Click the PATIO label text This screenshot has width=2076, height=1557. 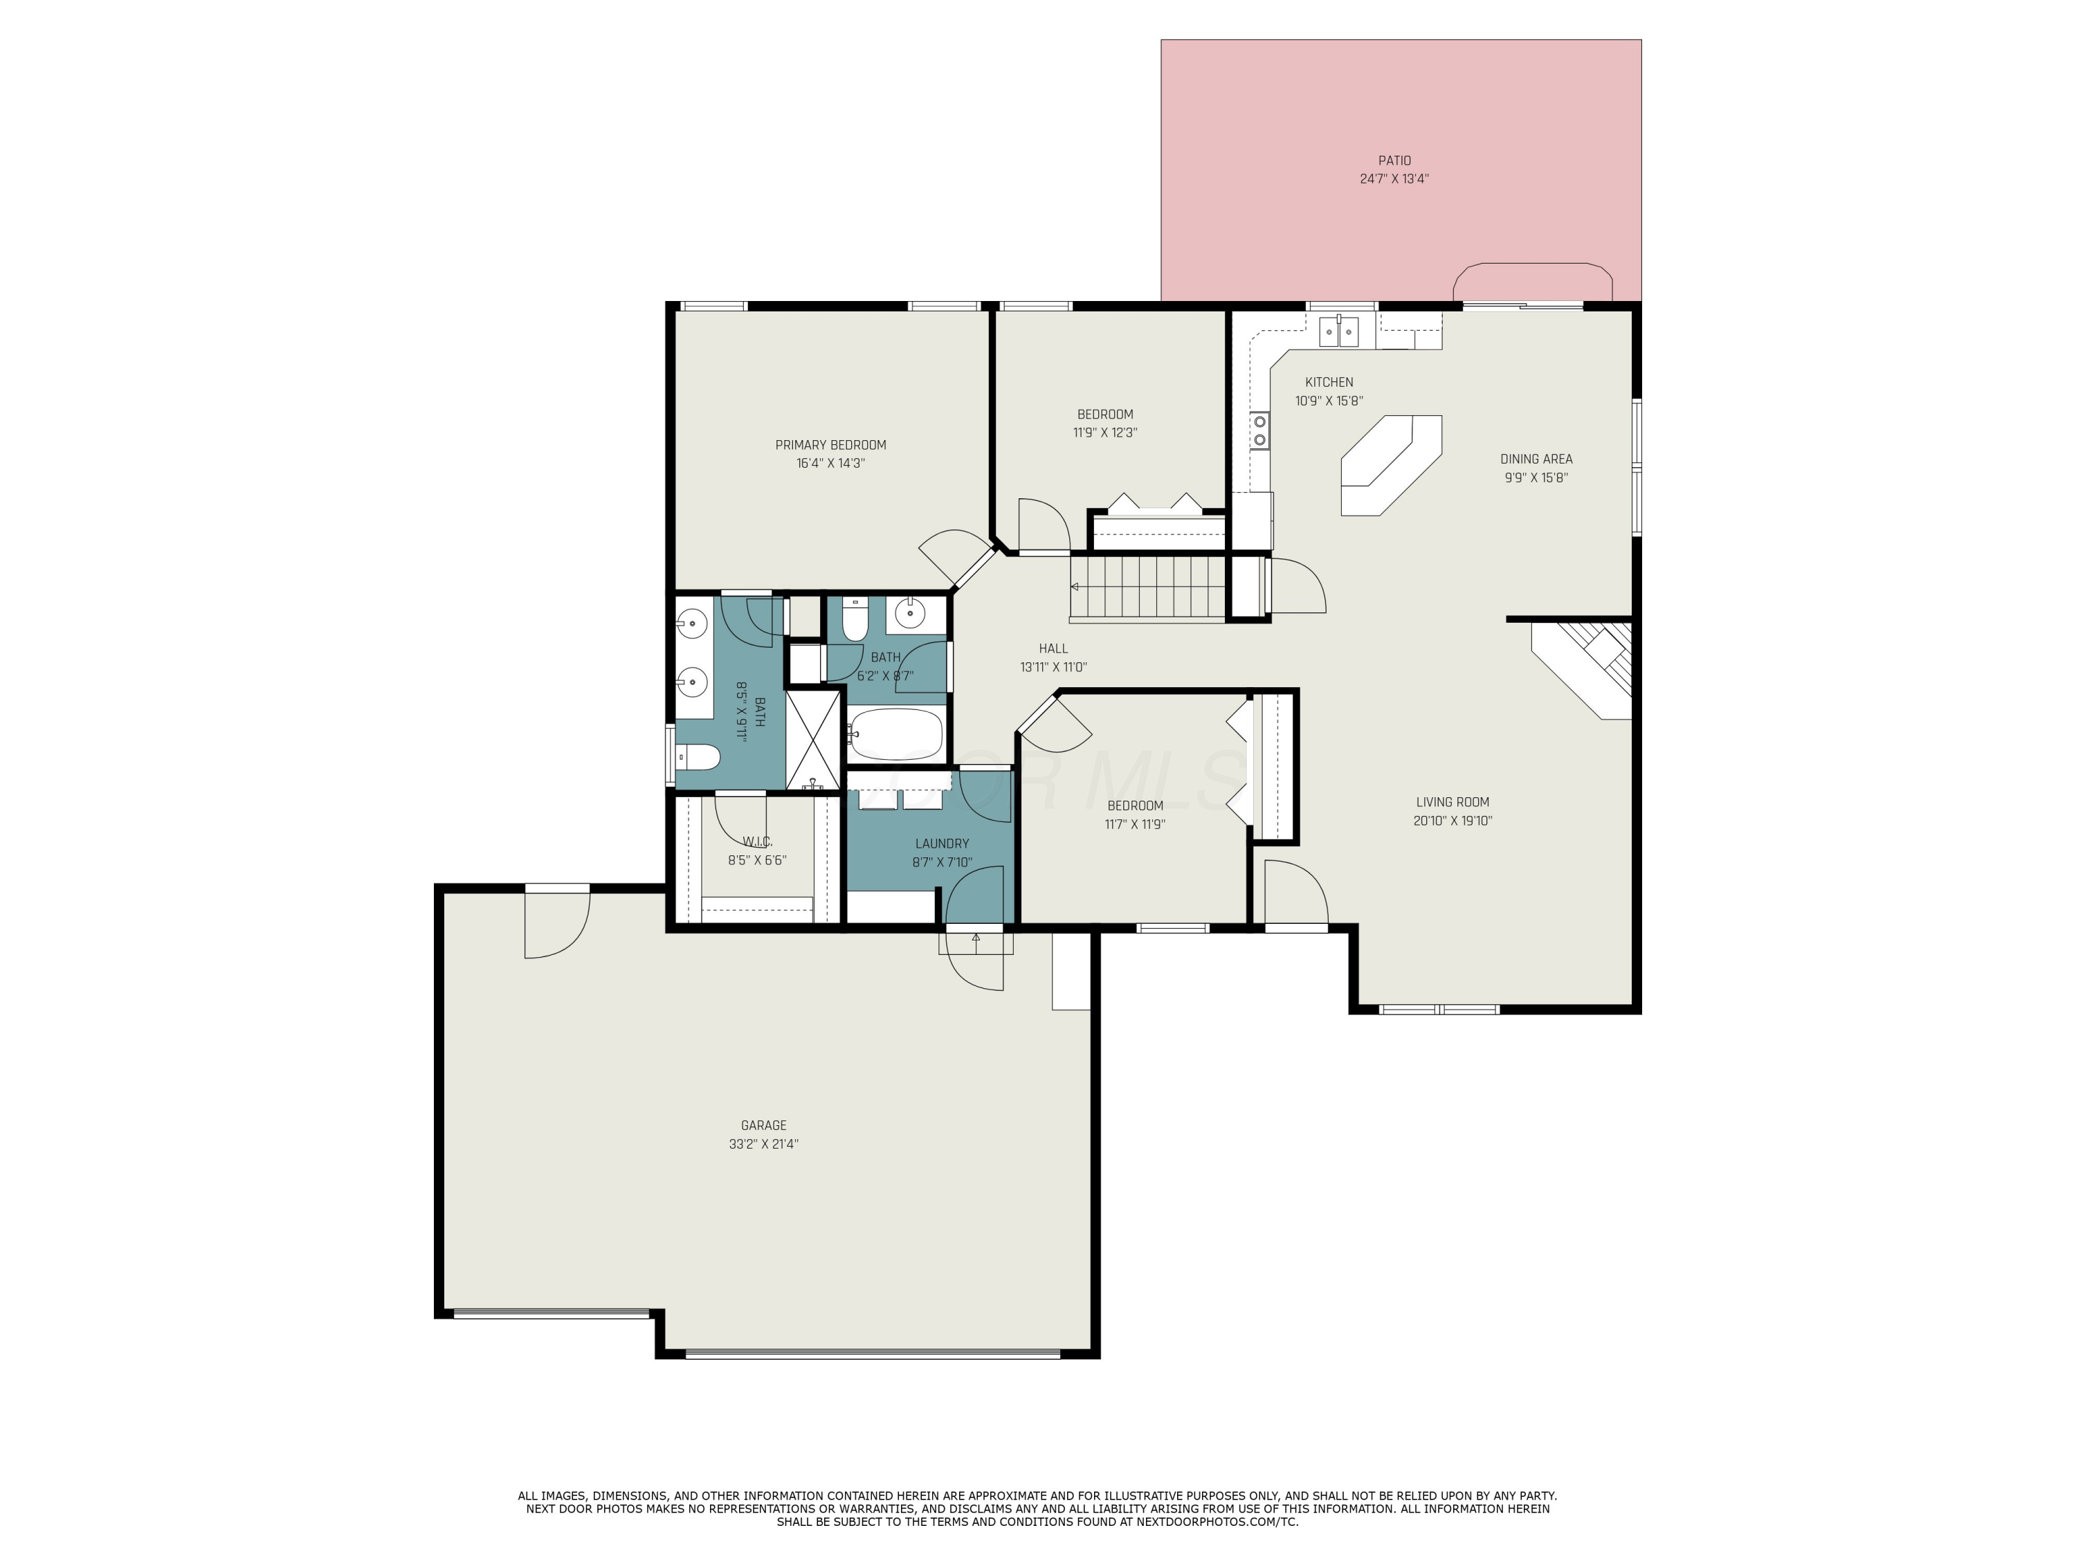click(1394, 161)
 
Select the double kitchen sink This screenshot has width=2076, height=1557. click(1339, 332)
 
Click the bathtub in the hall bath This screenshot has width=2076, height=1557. click(895, 735)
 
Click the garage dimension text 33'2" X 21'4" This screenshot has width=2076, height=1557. click(763, 1144)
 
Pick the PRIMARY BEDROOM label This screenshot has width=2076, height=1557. click(830, 445)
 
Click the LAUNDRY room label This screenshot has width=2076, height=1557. click(941, 844)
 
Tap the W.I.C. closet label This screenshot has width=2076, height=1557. click(756, 841)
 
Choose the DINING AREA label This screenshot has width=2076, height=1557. click(1536, 459)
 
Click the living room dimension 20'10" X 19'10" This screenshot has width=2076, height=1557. click(1452, 820)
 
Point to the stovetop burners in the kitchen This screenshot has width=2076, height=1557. click(1260, 431)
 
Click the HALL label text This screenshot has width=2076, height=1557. click(1053, 648)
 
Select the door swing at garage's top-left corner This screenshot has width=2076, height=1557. click(556, 925)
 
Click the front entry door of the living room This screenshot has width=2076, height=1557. click(1295, 896)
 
